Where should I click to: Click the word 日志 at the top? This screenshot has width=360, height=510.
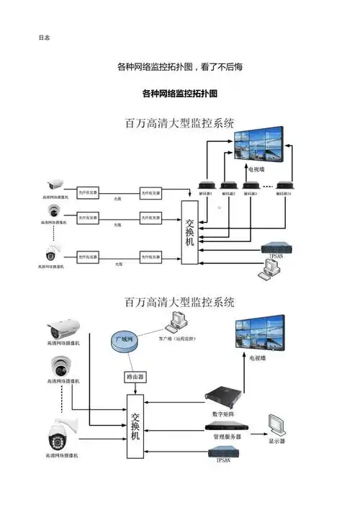click(x=43, y=37)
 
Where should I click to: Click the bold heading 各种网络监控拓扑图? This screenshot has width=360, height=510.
click(x=180, y=94)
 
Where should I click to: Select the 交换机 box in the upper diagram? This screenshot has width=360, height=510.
click(x=189, y=232)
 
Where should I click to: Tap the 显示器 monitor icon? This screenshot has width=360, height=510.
click(x=276, y=424)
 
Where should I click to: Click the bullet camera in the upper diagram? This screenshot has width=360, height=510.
click(x=56, y=184)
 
